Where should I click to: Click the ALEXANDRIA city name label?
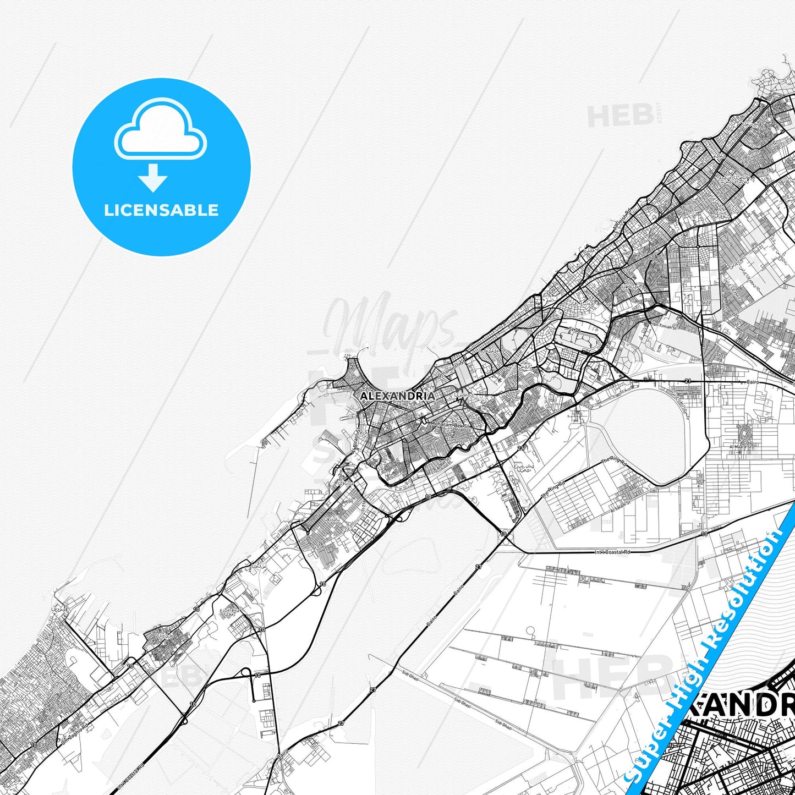click(x=397, y=396)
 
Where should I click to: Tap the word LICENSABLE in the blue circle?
click(x=161, y=210)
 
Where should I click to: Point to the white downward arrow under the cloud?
click(x=153, y=177)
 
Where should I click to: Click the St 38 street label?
click(x=575, y=329)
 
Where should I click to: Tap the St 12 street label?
click(x=706, y=302)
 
